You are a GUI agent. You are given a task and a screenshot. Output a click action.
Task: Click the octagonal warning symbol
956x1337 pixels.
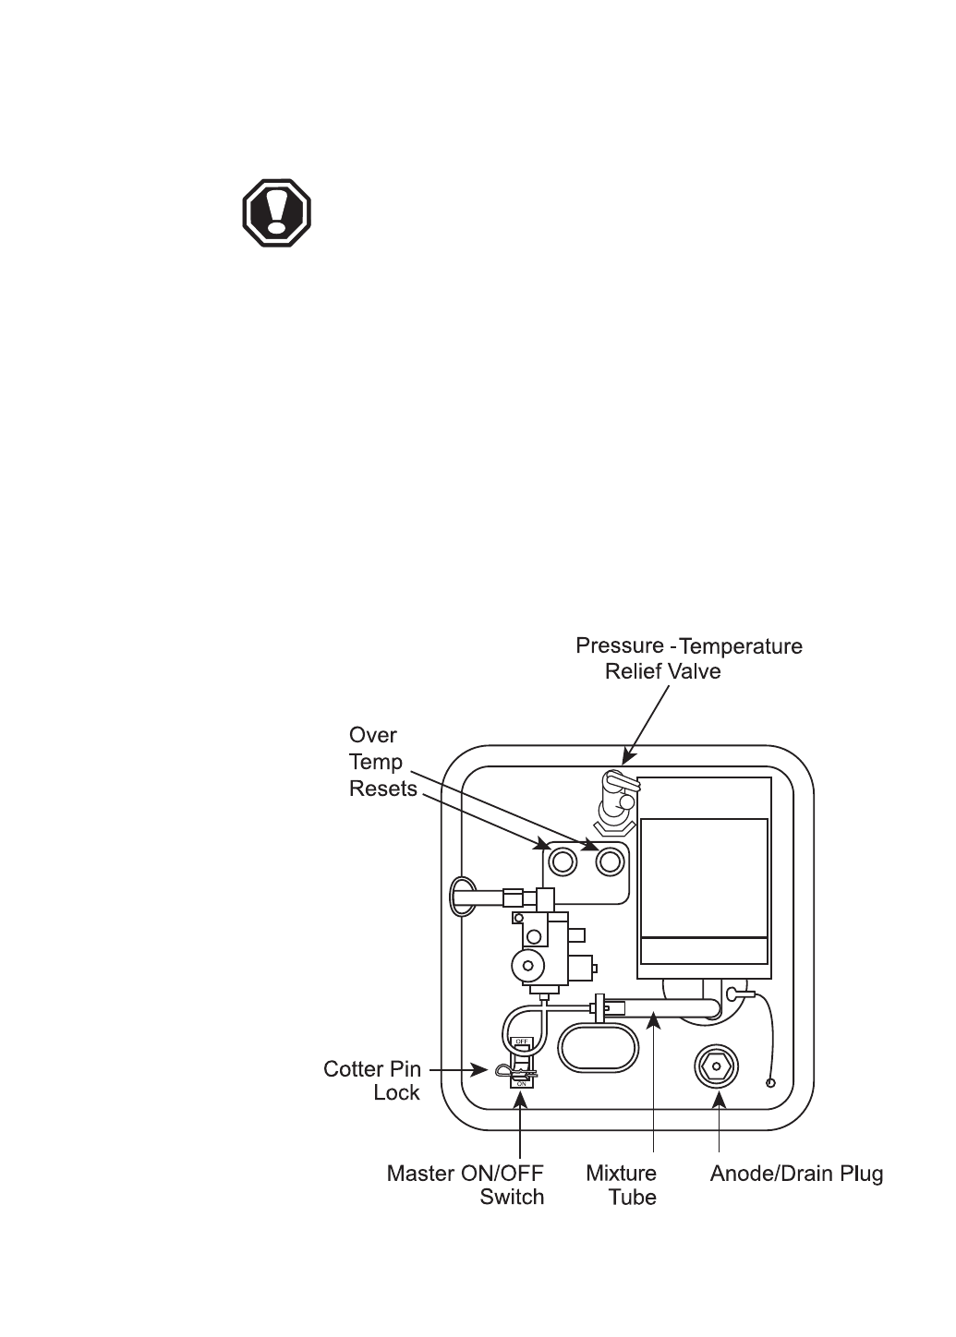tap(276, 213)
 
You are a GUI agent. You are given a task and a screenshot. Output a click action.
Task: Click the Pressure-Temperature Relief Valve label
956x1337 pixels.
tap(688, 658)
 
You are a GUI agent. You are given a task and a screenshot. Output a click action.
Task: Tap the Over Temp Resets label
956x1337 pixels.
tap(382, 762)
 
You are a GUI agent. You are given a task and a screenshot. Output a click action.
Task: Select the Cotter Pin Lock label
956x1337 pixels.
tap(372, 1080)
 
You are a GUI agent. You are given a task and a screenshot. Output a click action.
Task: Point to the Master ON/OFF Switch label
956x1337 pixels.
tap(466, 1185)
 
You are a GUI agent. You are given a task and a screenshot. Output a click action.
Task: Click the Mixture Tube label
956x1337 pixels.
tap(622, 1185)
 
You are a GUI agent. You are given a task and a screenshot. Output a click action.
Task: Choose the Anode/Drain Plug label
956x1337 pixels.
tap(796, 1174)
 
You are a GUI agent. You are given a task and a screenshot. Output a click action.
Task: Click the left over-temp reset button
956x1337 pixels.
tap(562, 861)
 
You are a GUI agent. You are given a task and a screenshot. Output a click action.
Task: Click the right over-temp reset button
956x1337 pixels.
tap(610, 861)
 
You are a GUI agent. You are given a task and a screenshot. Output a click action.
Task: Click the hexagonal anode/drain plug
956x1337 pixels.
tap(716, 1066)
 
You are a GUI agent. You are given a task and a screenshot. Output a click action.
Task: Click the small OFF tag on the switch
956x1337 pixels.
tap(521, 1042)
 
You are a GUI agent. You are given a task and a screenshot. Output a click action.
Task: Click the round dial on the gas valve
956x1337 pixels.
tap(527, 965)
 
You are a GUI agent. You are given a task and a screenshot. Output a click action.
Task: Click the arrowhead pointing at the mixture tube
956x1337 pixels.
tap(653, 1019)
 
